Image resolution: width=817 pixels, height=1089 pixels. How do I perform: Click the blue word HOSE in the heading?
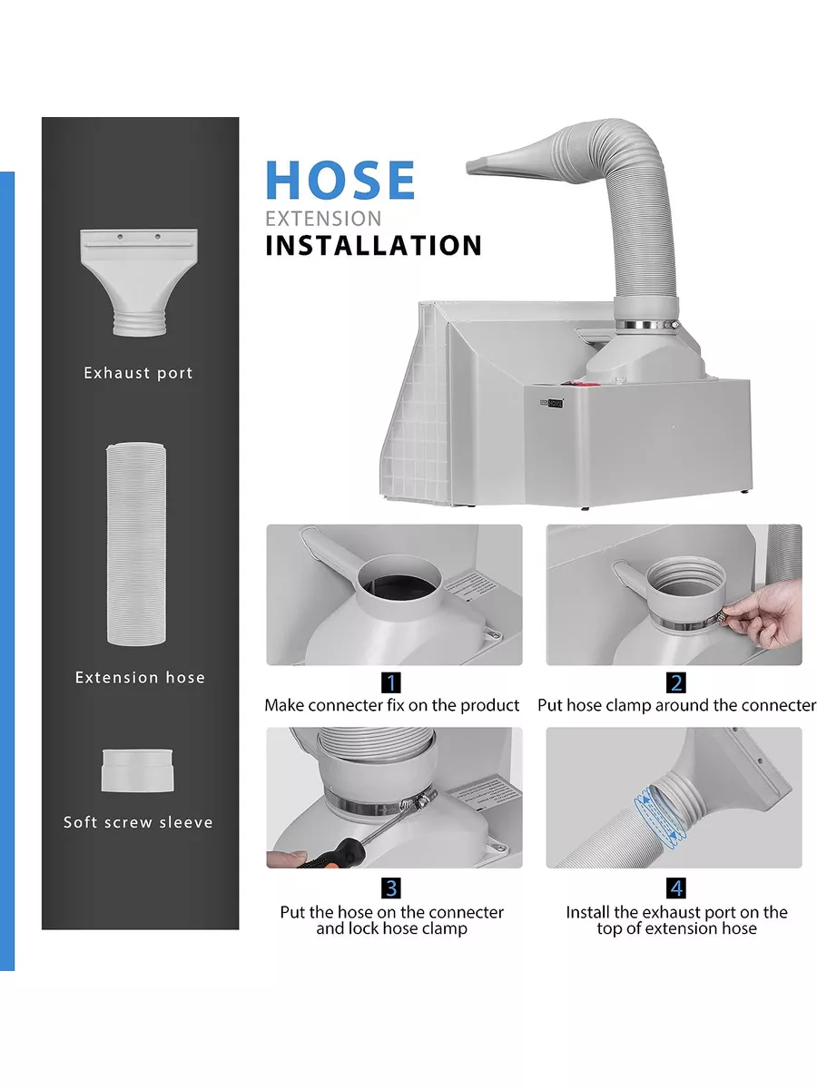(340, 180)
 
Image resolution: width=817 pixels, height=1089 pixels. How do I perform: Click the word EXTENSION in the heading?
(323, 219)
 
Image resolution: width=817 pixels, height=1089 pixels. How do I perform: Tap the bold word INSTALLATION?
(373, 245)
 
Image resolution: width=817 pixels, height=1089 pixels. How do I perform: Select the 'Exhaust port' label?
(138, 373)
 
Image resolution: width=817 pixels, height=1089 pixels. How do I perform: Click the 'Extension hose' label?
(140, 678)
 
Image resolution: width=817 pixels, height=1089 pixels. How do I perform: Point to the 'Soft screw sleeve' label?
(138, 822)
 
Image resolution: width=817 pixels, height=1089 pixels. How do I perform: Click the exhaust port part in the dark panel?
(139, 282)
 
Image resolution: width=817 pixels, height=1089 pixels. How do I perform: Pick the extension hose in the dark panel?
(136, 544)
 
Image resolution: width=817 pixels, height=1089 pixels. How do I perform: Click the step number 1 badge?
(391, 682)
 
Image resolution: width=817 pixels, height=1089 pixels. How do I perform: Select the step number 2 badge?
(676, 682)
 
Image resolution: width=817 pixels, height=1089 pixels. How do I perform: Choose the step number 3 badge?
(391, 888)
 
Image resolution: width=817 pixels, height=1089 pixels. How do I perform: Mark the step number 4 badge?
(676, 888)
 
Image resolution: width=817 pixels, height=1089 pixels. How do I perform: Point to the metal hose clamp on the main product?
(648, 326)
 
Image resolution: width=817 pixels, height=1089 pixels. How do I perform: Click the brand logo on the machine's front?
(551, 403)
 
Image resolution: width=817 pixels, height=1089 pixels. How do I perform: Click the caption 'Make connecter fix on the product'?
(392, 705)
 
